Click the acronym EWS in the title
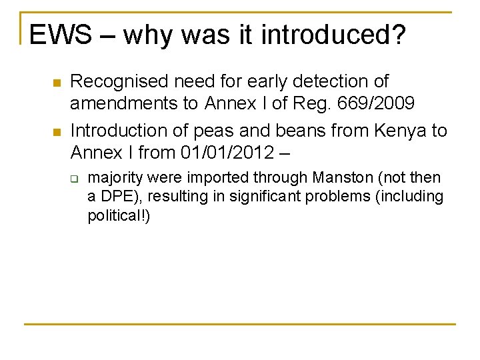(x=61, y=35)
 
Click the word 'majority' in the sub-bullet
(x=114, y=178)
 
